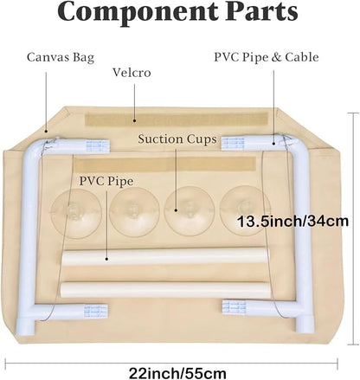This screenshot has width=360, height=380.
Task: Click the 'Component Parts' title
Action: pos(177,11)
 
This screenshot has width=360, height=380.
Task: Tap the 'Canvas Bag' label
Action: pos(61,57)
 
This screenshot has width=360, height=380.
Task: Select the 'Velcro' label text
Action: pos(132,73)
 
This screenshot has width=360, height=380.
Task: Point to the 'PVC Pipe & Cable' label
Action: pos(267,57)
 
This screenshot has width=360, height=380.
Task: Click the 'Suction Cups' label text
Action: pos(177,139)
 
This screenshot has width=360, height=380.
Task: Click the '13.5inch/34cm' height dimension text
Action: pos(292,222)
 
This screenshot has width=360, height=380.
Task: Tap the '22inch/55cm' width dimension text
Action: pos(177,373)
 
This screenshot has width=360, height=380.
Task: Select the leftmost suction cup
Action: pos(76,214)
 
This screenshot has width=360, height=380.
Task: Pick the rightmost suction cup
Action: pos(245,210)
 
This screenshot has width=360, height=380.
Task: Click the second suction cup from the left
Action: pos(134,212)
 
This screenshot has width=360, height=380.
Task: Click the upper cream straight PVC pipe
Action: pos(164,257)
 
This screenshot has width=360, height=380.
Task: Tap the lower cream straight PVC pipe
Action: pos(165,290)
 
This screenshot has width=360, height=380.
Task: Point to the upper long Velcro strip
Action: pos(177,119)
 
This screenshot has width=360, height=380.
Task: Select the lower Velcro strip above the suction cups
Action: pos(164,164)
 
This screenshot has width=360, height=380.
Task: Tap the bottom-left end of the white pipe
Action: pos(25,327)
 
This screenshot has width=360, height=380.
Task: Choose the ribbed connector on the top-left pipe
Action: pos(98,145)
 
